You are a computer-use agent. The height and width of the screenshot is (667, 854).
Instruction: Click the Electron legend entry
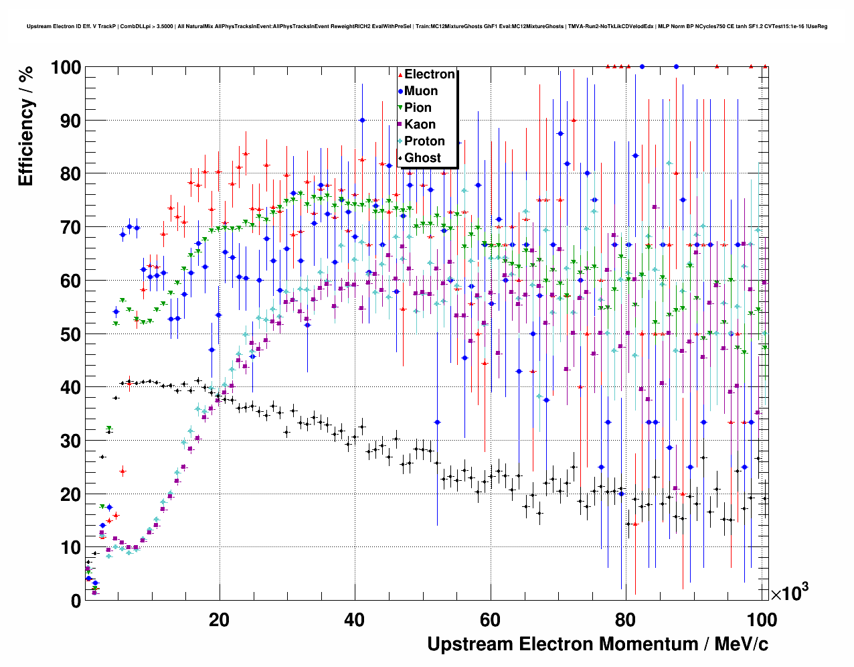tap(429, 74)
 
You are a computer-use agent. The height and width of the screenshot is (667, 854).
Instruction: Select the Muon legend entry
tap(420, 91)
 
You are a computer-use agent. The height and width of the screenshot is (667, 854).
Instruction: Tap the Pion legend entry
tap(418, 108)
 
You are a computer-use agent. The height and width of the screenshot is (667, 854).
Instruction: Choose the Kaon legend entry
tap(420, 125)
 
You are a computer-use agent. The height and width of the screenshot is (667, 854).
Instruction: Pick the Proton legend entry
tap(424, 141)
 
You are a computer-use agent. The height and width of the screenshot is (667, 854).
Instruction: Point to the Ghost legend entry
tap(422, 158)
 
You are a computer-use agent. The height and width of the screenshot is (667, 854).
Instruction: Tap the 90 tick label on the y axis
tap(70, 121)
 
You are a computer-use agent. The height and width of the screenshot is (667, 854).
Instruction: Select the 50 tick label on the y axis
tap(70, 334)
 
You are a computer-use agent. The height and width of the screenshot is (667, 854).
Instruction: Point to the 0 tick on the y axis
tap(75, 601)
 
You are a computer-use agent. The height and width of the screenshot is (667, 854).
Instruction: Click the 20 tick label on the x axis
tap(219, 620)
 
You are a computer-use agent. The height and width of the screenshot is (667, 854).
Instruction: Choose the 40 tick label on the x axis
tap(355, 620)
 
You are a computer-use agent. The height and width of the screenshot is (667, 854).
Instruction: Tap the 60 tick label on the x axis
tap(490, 620)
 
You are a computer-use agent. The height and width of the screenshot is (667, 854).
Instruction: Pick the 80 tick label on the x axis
tap(626, 620)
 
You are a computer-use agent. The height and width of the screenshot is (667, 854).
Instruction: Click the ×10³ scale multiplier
tap(789, 593)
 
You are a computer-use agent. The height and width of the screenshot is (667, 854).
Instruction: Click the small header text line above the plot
tap(427, 27)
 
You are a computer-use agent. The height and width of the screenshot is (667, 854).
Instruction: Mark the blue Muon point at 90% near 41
tap(362, 121)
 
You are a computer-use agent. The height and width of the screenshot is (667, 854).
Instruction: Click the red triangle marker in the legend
tap(400, 74)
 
